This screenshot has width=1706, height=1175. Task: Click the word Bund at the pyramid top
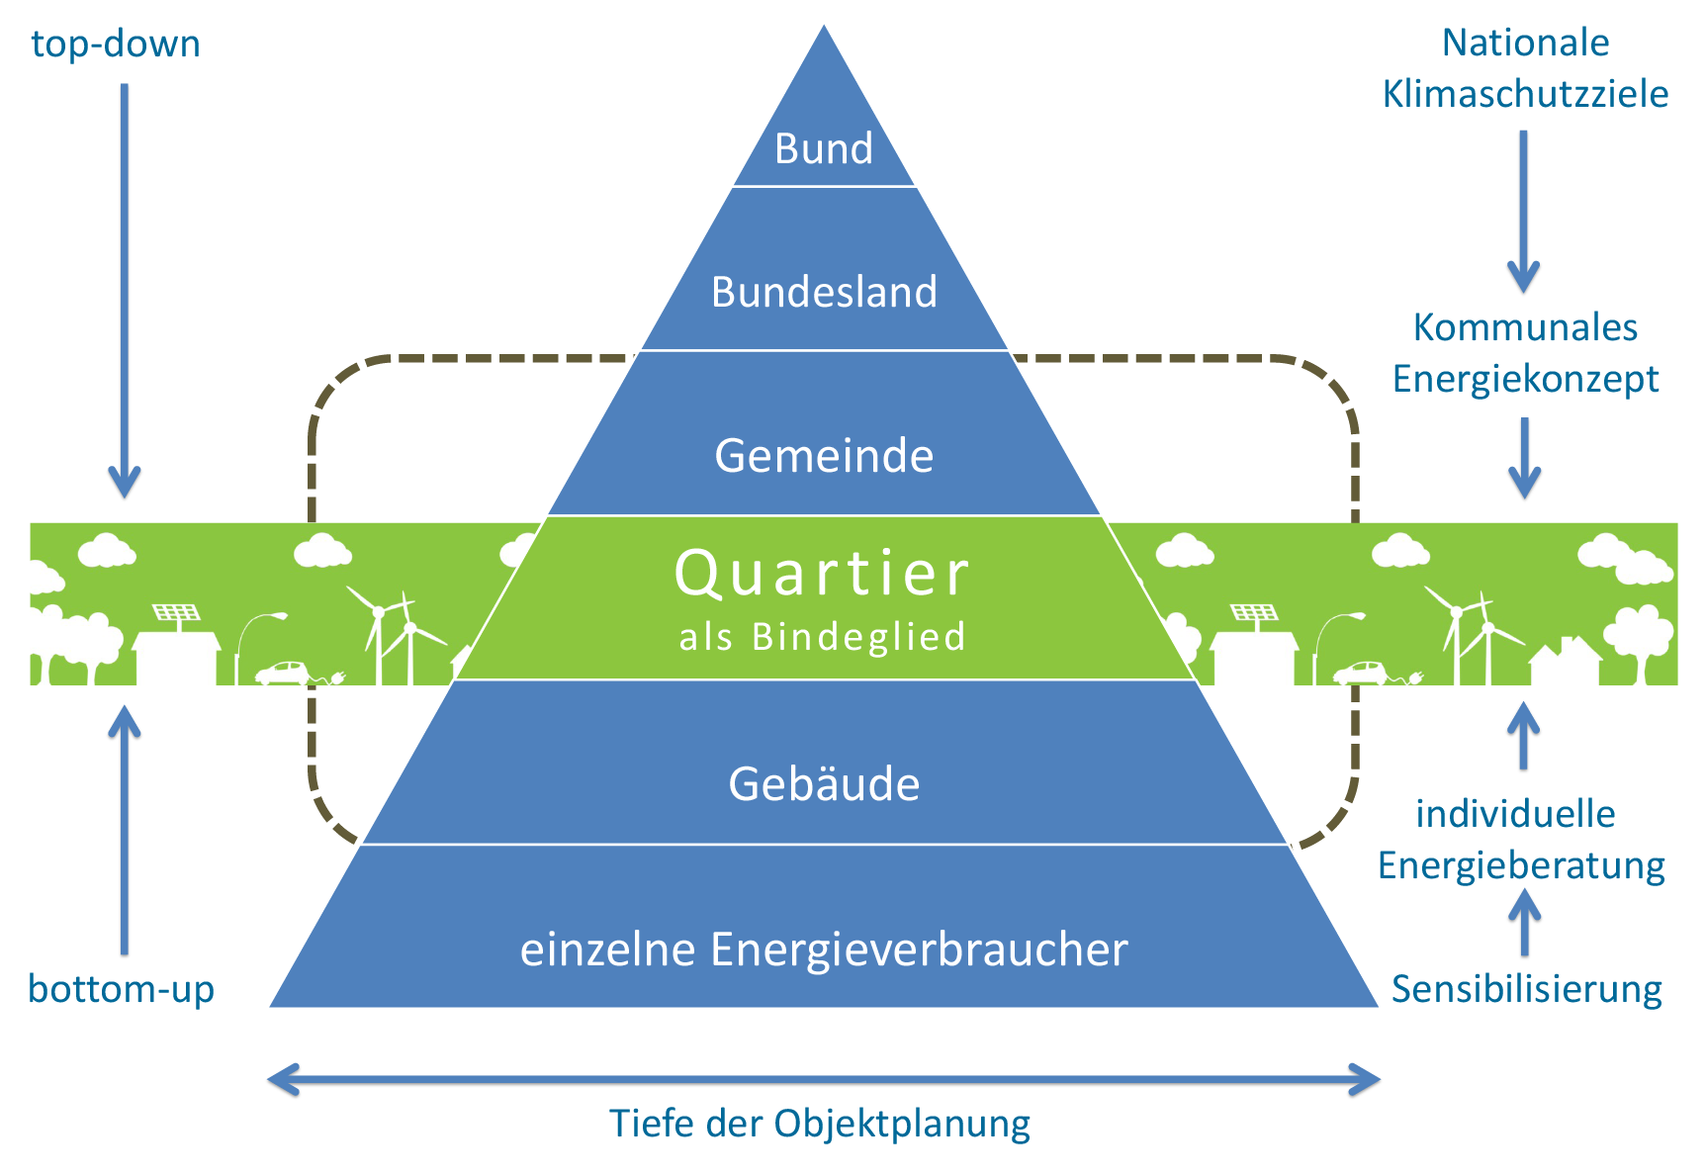point(824,149)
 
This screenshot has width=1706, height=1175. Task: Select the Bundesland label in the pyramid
point(824,293)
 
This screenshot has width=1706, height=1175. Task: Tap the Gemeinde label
point(824,456)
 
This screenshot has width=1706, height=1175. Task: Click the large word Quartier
point(823,574)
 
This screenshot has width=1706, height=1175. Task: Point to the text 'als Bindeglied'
point(823,637)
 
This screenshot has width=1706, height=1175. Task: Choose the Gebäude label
point(824,784)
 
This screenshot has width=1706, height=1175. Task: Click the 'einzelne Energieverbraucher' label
point(824,949)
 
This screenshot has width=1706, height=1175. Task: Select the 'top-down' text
point(115,45)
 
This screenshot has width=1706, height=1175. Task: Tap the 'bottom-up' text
point(122,989)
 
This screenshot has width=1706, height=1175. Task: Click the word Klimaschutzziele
point(1525,95)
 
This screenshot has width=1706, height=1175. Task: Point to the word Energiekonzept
point(1525,379)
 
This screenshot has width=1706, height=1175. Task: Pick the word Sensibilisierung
point(1526,989)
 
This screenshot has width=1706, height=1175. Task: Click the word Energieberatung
point(1521,865)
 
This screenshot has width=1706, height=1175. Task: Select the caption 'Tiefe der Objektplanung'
point(819,1124)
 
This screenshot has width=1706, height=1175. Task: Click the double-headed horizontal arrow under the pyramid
point(823,1079)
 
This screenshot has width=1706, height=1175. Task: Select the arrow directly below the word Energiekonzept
point(1524,457)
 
